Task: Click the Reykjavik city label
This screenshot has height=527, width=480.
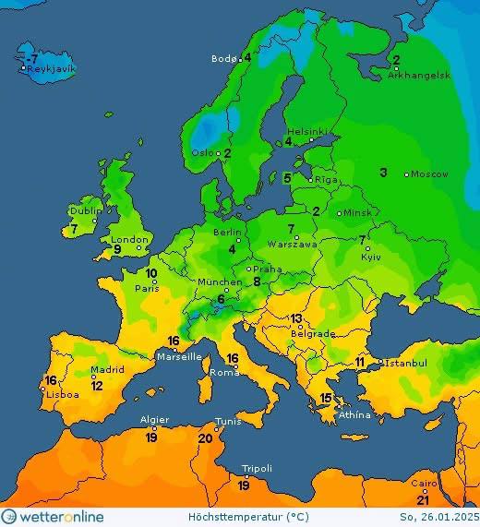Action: click(52, 69)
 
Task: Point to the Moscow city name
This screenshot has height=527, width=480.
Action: click(429, 174)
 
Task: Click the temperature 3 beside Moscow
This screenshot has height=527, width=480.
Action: click(383, 173)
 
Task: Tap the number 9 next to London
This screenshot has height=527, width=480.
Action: click(117, 249)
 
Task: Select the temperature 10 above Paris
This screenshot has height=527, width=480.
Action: click(150, 274)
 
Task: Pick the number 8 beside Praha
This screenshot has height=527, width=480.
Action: click(258, 281)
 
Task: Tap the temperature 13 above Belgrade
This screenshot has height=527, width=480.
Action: click(296, 318)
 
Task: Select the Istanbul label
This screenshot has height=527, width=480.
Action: click(406, 364)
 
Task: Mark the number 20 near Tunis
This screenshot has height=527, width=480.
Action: click(205, 438)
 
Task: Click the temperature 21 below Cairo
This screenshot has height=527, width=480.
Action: click(423, 499)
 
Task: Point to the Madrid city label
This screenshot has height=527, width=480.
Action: click(108, 369)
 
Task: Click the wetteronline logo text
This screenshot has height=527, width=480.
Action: click(61, 517)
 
